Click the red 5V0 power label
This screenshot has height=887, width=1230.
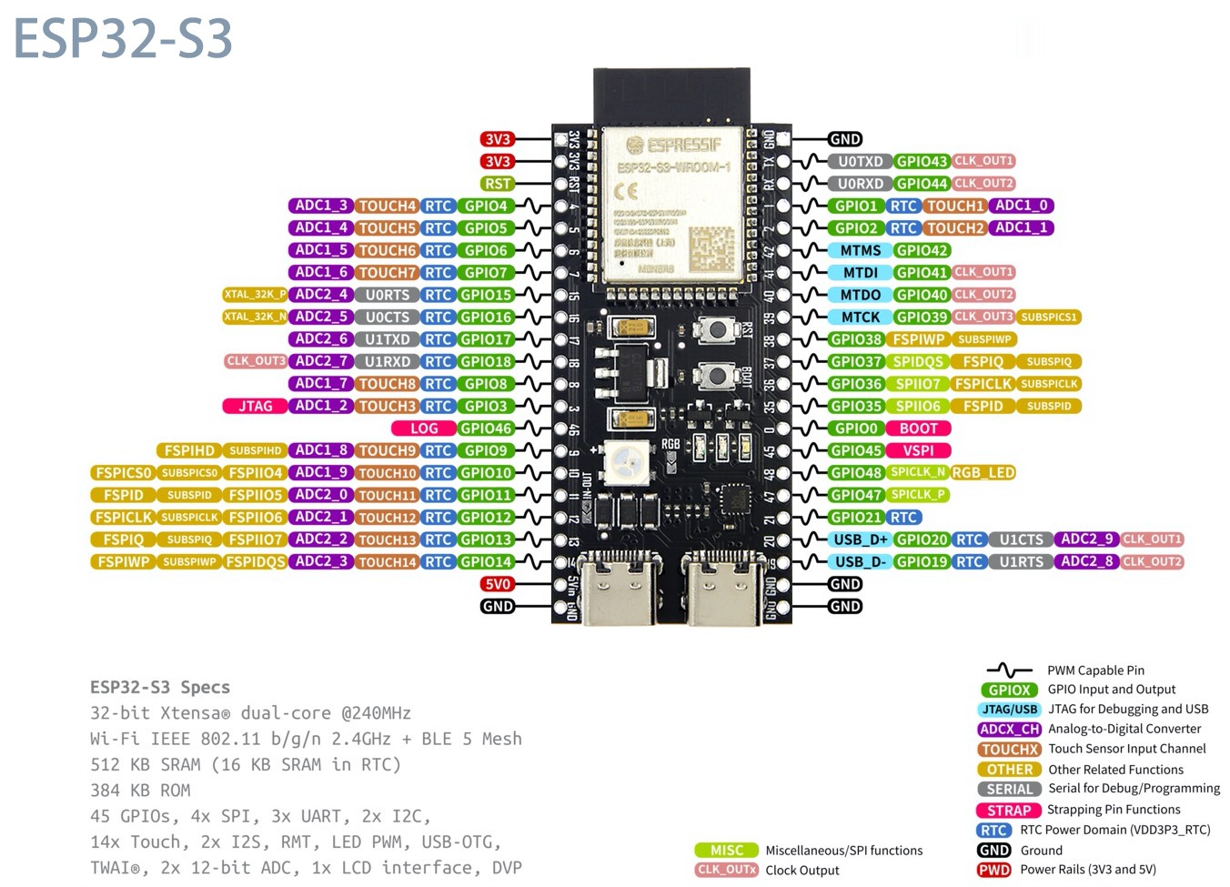click(498, 584)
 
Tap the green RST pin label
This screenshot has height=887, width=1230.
click(498, 184)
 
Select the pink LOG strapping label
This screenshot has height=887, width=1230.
click(423, 428)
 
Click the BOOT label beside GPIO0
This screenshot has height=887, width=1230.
click(918, 428)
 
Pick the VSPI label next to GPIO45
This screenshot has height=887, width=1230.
click(918, 450)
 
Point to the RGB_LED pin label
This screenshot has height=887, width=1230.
click(983, 473)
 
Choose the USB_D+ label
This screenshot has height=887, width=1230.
click(860, 539)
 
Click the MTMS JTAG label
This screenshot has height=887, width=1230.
click(860, 250)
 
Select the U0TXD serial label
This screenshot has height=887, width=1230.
click(860, 161)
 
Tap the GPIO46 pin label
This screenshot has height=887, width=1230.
click(486, 428)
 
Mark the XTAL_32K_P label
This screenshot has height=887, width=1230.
click(255, 295)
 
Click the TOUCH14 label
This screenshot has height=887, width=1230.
click(387, 562)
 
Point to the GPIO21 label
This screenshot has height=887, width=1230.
click(855, 518)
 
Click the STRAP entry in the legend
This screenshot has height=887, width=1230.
click(1009, 810)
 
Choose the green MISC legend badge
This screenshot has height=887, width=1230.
click(726, 851)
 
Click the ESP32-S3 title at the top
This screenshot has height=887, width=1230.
click(123, 38)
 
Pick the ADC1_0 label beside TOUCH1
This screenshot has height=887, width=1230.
click(1021, 206)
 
